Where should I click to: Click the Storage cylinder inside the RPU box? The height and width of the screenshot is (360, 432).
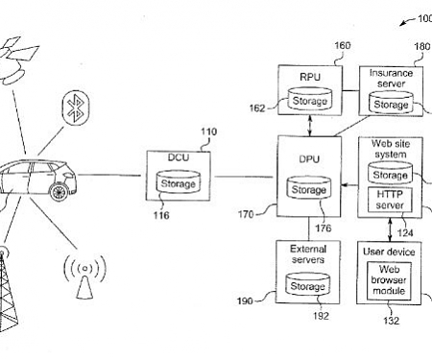(x=308, y=99)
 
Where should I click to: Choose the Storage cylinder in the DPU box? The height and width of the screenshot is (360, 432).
(x=308, y=189)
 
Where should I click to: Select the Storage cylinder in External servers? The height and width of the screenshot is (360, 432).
(x=307, y=285)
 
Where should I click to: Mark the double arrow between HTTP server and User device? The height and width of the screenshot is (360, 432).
(x=388, y=231)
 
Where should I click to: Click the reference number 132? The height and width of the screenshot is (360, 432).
(x=392, y=321)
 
